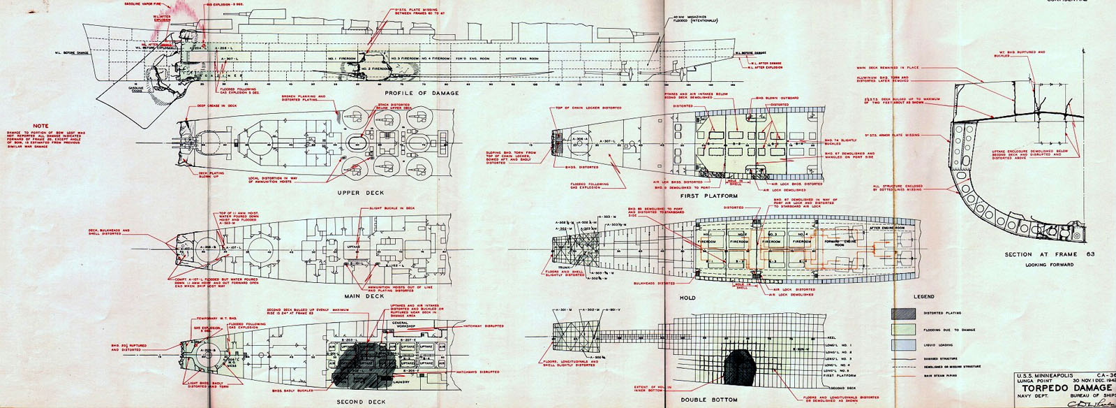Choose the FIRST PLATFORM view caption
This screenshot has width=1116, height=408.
click(x=710, y=196)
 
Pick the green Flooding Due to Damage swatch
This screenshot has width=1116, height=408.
click(x=903, y=329)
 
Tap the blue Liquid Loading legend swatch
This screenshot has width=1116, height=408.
click(x=903, y=345)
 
